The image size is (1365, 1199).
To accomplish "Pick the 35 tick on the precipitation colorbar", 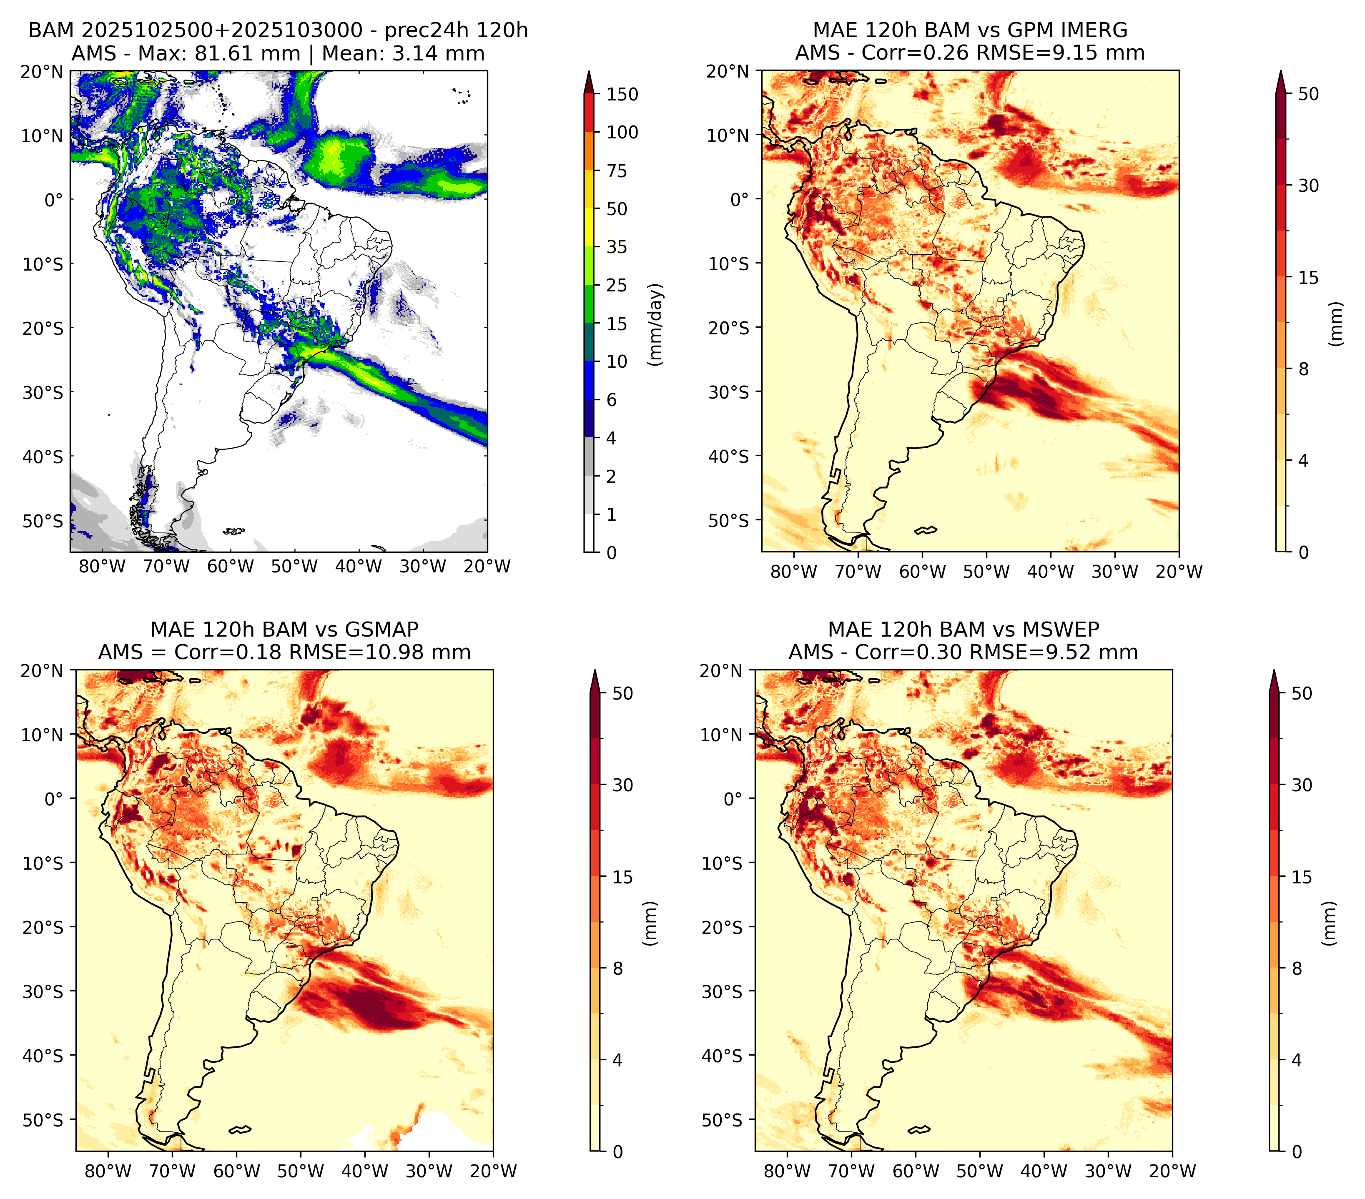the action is pos(617,247).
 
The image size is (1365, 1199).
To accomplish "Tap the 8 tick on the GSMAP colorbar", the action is pos(618,969).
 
